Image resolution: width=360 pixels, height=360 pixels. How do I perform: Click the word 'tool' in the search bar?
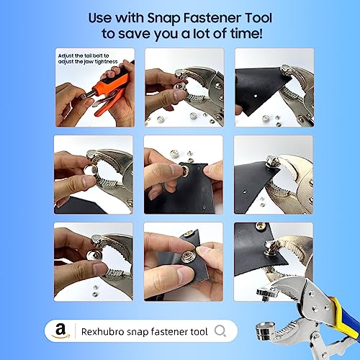197,331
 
